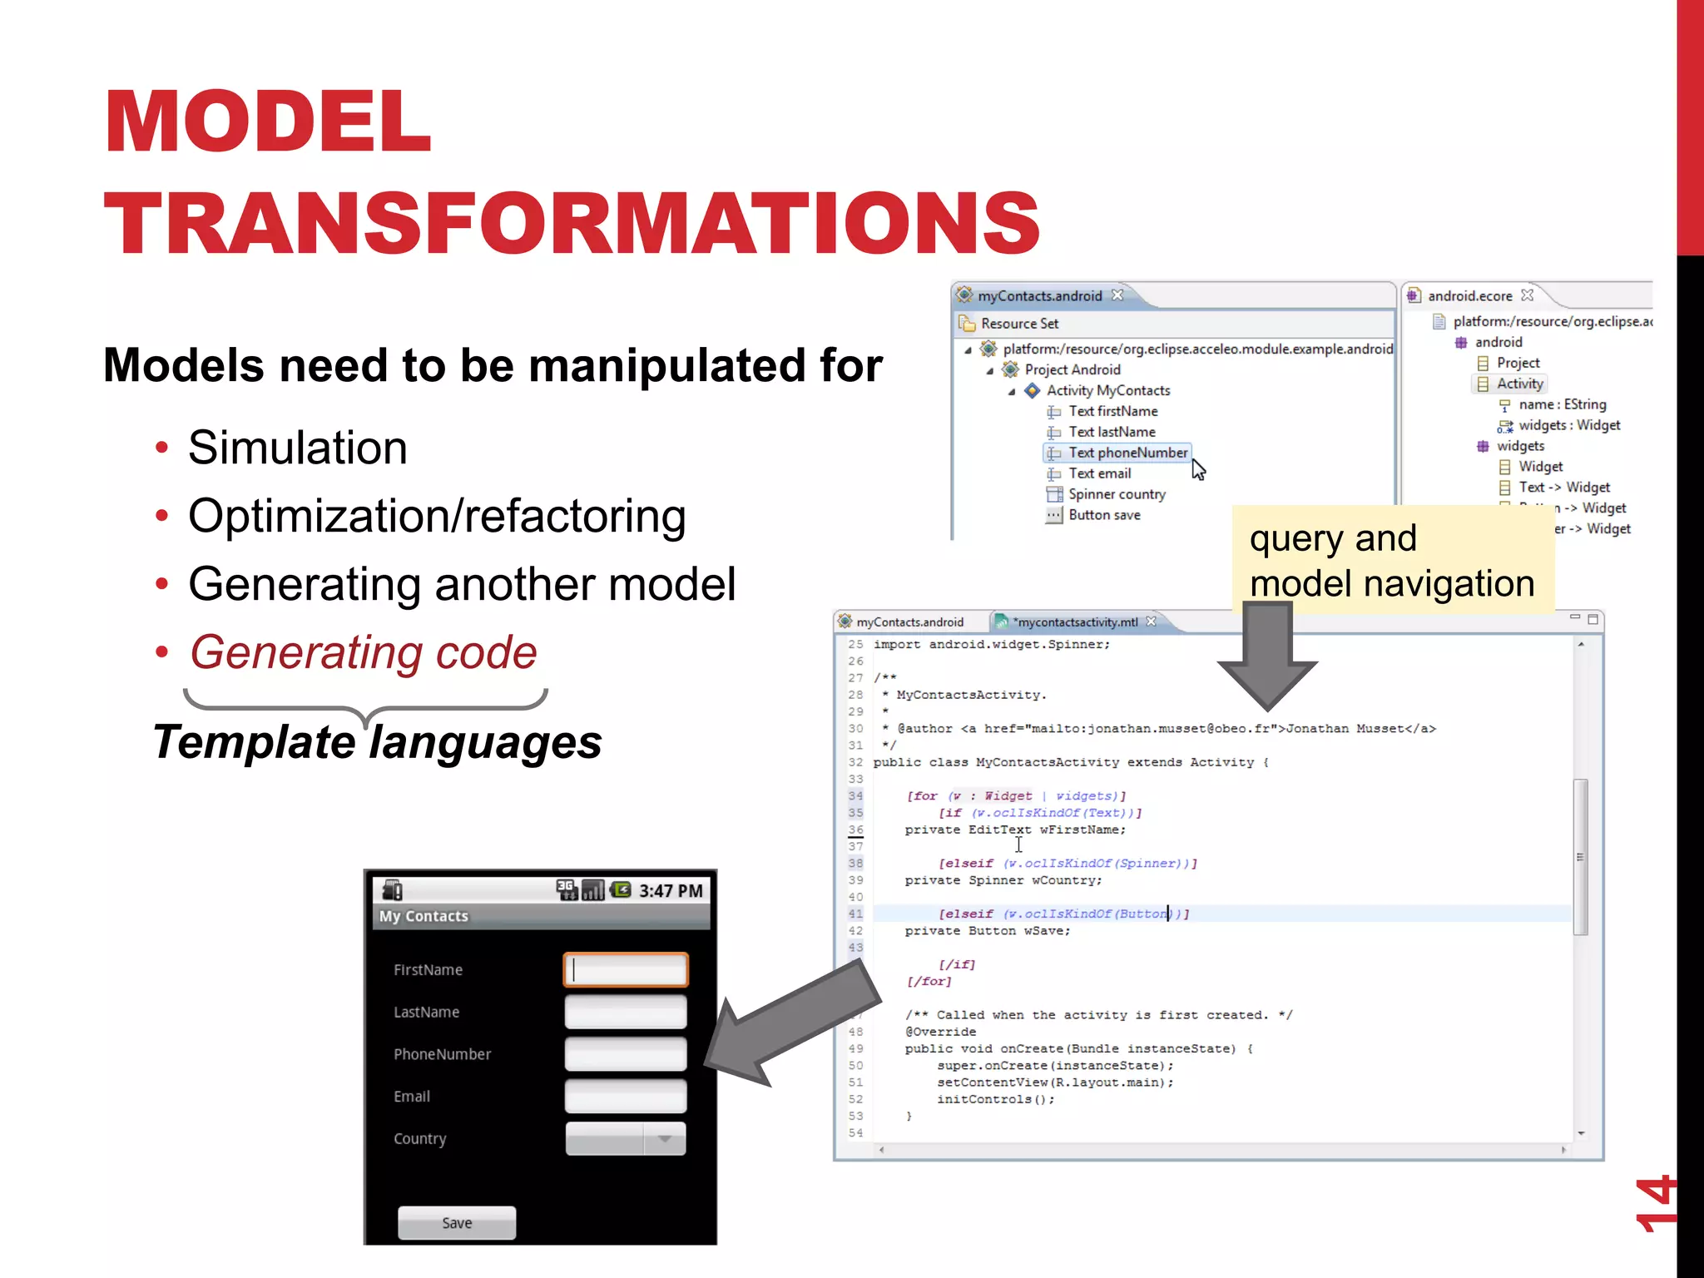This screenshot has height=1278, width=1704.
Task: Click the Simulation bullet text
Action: [x=297, y=448]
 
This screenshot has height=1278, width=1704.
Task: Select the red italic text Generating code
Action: [x=363, y=651]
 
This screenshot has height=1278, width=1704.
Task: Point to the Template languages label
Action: [x=377, y=741]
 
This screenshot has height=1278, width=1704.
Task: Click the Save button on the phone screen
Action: [x=457, y=1222]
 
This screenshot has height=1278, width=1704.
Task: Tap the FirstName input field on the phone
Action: [x=626, y=970]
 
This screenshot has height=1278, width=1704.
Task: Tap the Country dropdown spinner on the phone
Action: [x=626, y=1138]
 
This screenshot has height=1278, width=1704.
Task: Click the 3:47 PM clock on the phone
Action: [x=671, y=891]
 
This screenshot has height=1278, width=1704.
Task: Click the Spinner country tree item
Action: [x=1116, y=494]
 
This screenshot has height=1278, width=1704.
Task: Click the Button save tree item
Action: [x=1103, y=515]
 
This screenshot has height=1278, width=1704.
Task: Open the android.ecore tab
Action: [x=1469, y=296]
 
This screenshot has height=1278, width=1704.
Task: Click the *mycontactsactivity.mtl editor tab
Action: [x=1074, y=622]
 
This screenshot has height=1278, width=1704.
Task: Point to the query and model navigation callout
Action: [x=1391, y=561]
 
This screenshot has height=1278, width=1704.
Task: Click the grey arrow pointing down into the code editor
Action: [x=1267, y=657]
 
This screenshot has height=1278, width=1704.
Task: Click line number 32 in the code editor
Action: [x=855, y=762]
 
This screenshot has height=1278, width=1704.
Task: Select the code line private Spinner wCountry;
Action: [x=1003, y=880]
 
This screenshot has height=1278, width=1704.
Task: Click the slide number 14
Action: [x=1654, y=1203]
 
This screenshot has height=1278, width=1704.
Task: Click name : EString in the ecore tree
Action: [x=1561, y=404]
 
